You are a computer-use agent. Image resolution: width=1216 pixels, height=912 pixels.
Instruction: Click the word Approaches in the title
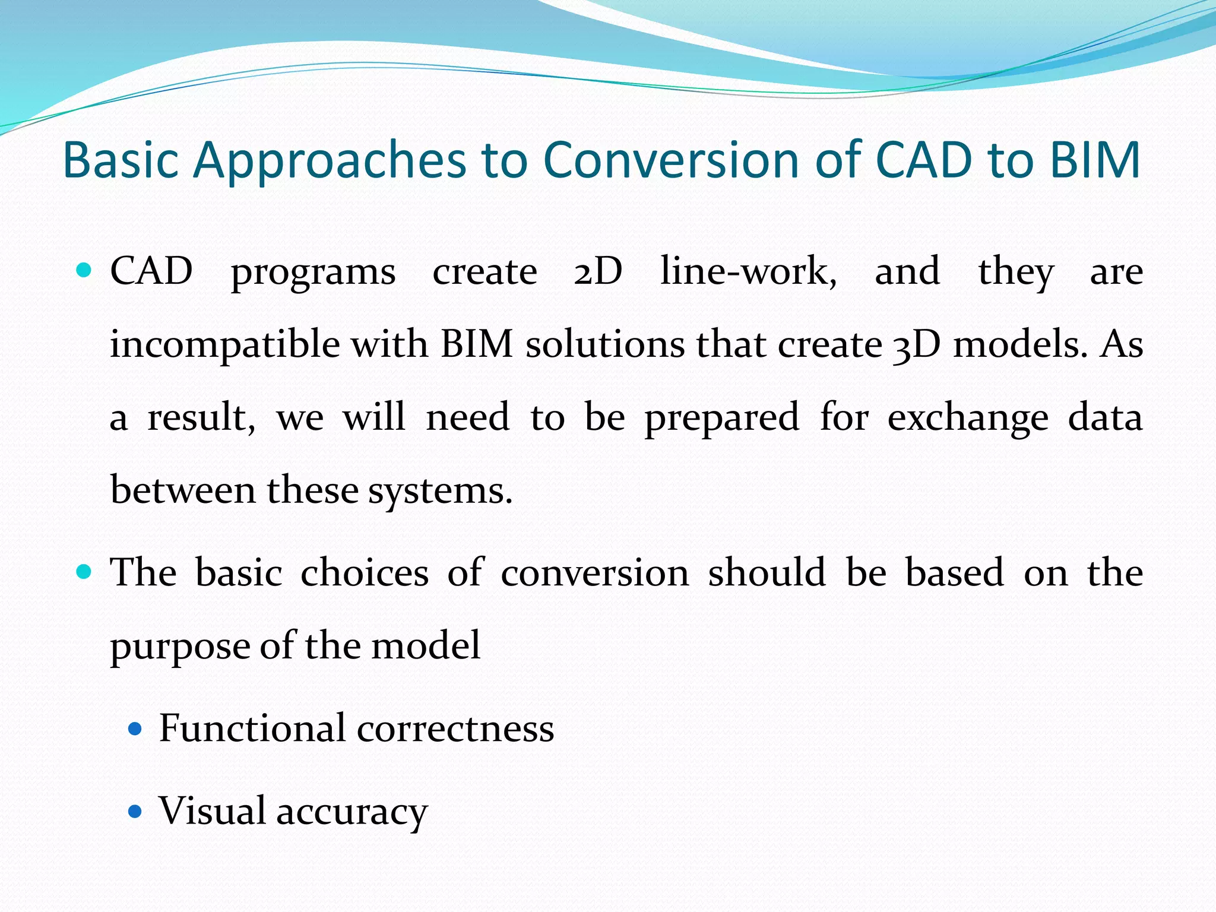pyautogui.click(x=330, y=160)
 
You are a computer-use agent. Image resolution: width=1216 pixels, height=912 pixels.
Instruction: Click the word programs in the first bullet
pyautogui.click(x=313, y=273)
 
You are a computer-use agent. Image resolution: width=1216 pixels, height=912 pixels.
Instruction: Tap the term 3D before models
pyautogui.click(x=916, y=346)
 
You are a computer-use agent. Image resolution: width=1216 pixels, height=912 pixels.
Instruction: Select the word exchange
pyautogui.click(x=967, y=419)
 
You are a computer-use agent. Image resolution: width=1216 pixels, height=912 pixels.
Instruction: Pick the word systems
pyautogui.click(x=439, y=492)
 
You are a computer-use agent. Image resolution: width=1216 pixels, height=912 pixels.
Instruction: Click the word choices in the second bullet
pyautogui.click(x=365, y=573)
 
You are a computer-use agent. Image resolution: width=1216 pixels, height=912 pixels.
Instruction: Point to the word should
pyautogui.click(x=767, y=573)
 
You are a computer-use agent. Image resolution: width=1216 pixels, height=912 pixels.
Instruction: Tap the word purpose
pyautogui.click(x=179, y=647)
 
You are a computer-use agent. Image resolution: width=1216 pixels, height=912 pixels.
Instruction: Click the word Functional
pyautogui.click(x=252, y=728)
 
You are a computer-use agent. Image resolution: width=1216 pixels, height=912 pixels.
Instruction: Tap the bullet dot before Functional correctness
pyautogui.click(x=135, y=729)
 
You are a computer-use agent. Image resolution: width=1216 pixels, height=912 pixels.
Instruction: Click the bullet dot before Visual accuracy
pyautogui.click(x=135, y=812)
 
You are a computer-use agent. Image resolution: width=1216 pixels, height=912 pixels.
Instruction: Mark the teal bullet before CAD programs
pyautogui.click(x=84, y=271)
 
